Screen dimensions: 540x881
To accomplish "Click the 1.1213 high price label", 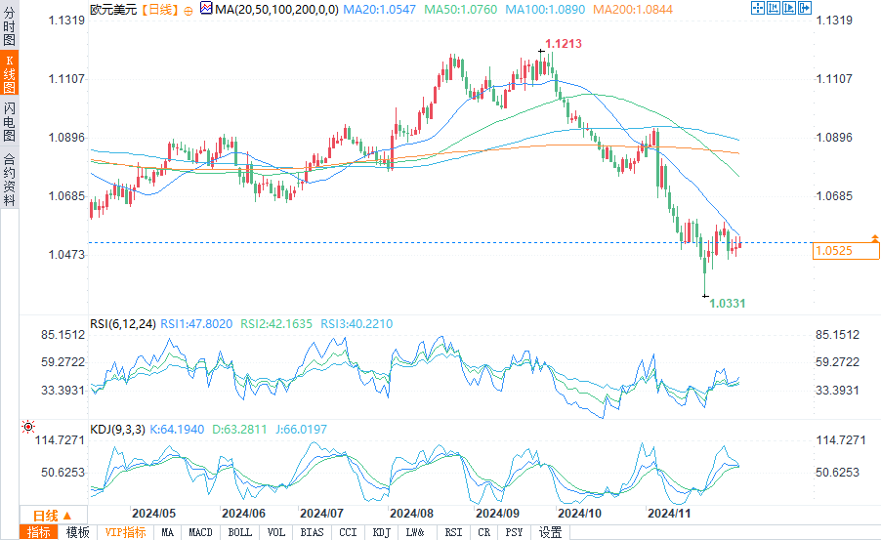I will coord(564,44).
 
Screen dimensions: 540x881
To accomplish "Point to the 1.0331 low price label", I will coord(727,304).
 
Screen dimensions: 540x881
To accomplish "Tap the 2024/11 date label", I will coord(670,513).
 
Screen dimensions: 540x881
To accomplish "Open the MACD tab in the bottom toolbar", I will coord(200,532).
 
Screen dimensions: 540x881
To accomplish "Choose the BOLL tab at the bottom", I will coord(238,532).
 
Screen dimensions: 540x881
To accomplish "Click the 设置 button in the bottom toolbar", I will coord(550,532).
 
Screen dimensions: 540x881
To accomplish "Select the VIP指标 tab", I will coord(125,532).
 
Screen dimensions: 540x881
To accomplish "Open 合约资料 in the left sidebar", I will coord(9,179).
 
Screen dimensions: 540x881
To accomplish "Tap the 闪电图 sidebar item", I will coord(9,122).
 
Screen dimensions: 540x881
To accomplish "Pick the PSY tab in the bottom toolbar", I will coord(515,532).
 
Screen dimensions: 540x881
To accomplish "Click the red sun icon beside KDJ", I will coord(27,427).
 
